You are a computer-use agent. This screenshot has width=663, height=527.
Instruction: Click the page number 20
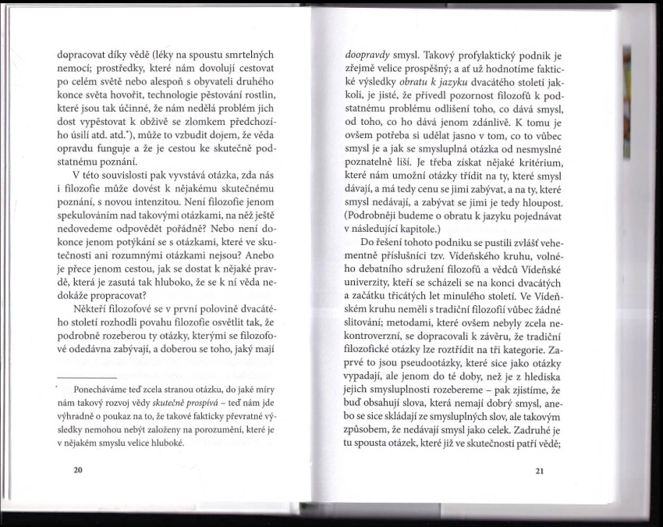click(76, 471)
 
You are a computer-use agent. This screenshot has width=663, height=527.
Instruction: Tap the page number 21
click(541, 471)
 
